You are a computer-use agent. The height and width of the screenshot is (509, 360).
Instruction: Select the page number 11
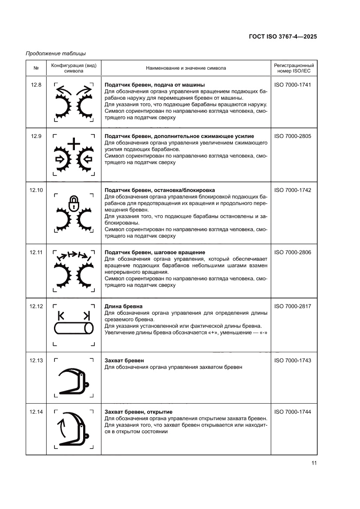point(313,463)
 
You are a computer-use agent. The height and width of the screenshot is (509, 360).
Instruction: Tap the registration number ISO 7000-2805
point(293,136)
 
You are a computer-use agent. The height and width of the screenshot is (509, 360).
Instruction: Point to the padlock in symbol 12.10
point(74,202)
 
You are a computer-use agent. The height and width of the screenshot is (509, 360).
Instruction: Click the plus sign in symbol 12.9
point(74,144)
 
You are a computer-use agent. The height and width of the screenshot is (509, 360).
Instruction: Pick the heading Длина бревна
point(124,307)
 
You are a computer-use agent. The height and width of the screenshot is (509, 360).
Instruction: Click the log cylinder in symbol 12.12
point(74,328)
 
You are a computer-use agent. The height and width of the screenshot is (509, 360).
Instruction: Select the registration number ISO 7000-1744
point(293,412)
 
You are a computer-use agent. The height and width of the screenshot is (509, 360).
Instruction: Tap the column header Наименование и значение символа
point(186,68)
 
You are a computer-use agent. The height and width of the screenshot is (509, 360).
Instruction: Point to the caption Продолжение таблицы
point(56,54)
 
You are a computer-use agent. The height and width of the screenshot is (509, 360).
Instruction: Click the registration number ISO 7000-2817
point(293,307)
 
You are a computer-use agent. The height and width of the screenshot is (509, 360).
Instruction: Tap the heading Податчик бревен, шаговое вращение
point(155,253)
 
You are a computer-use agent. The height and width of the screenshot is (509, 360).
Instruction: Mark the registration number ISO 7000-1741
point(293,85)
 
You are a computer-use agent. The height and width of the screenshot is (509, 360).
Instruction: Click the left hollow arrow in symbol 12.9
point(60,158)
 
